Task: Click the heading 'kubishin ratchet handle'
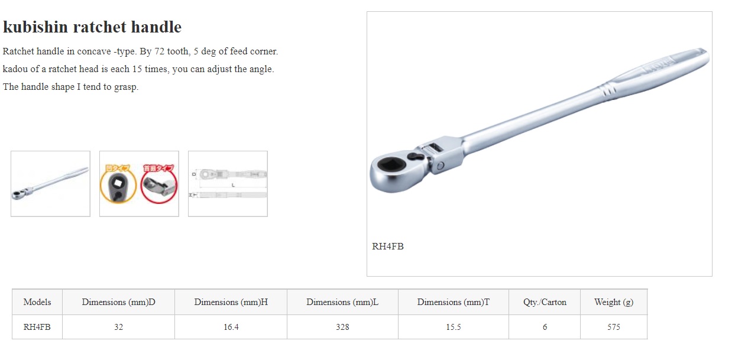tap(92, 27)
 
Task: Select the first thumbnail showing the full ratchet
tap(50, 183)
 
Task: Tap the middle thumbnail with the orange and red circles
tap(139, 183)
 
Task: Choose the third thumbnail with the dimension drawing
tap(228, 183)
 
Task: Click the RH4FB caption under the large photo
tap(388, 247)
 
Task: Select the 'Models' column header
tap(37, 302)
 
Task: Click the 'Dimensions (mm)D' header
tap(118, 302)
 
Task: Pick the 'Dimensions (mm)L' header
tap(342, 302)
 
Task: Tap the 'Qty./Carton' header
tap(545, 302)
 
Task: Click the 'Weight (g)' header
tap(614, 302)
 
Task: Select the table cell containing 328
tap(342, 327)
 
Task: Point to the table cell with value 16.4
tap(231, 327)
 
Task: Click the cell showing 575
tap(614, 327)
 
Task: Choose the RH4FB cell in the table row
tap(37, 327)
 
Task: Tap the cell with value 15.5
tap(454, 327)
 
